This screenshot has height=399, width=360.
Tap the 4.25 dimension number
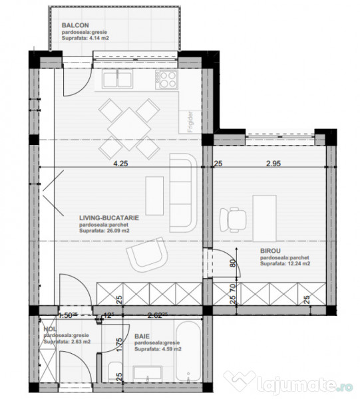pyautogui.click(x=120, y=163)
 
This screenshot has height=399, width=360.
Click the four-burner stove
pyautogui.click(x=167, y=80)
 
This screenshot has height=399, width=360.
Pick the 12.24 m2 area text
pyautogui.click(x=285, y=264)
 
